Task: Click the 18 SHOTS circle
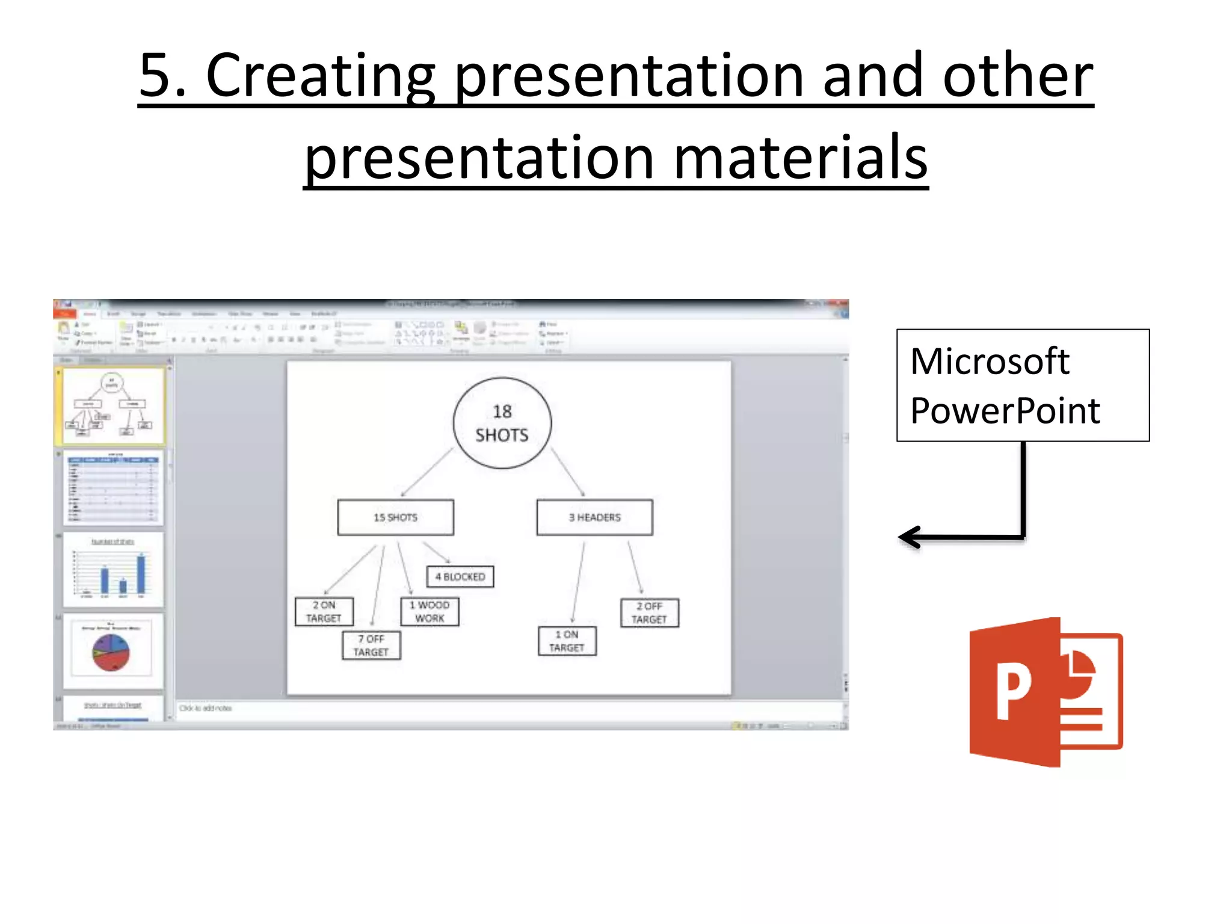[x=502, y=423]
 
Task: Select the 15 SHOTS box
[x=395, y=517]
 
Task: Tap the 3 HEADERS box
[x=594, y=517]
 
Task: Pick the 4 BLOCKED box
[x=460, y=576]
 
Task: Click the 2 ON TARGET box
[x=324, y=611]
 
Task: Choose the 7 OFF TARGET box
[x=371, y=645]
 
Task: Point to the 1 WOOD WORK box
[x=430, y=611]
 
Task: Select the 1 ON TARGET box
[x=567, y=641]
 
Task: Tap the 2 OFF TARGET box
[x=649, y=612]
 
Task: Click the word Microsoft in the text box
[x=990, y=362]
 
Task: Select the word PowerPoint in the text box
[x=1005, y=411]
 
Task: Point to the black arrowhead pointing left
[x=910, y=537]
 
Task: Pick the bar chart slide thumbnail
[x=112, y=569]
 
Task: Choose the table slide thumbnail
[x=112, y=488]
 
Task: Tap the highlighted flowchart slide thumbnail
[x=112, y=407]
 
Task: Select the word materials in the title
[x=800, y=158]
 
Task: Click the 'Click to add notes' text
[x=206, y=708]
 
